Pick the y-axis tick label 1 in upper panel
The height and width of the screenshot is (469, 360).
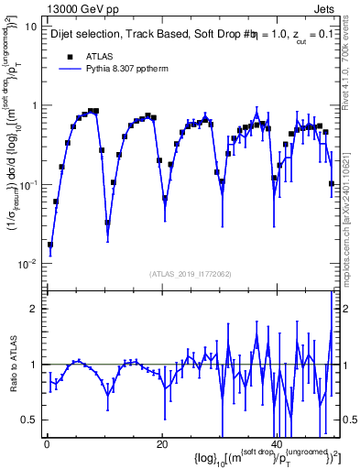(x=35, y=105)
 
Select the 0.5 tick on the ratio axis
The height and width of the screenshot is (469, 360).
(x=30, y=420)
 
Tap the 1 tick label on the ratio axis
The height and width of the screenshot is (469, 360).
(x=35, y=365)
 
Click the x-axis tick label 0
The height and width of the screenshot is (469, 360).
(x=46, y=444)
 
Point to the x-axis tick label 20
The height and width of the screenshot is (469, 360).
(x=161, y=444)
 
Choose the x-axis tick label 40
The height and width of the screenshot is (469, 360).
(x=277, y=444)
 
